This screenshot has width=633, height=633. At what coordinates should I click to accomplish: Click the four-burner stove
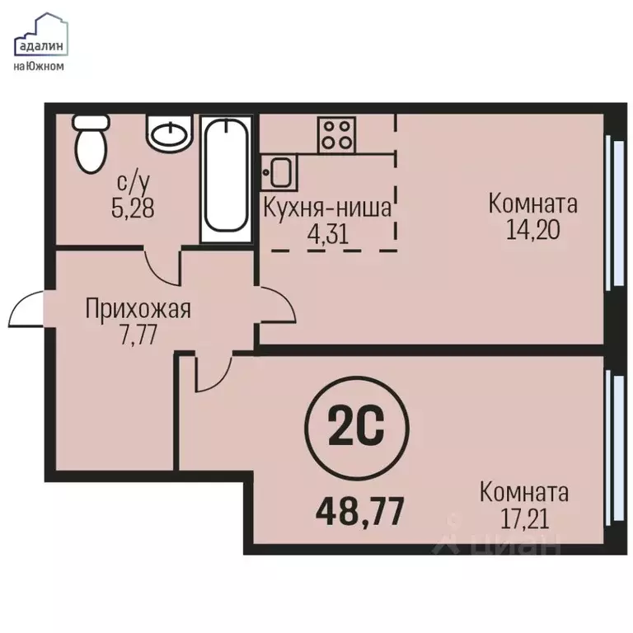point(335,134)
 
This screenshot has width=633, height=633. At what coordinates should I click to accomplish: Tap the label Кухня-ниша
point(326,207)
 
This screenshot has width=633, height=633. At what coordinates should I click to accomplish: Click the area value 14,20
point(532,229)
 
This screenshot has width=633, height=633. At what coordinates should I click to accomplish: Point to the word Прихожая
point(138,310)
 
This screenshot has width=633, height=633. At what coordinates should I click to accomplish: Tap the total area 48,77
point(359,511)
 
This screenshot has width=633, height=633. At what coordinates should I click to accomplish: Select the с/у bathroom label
point(133,181)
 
